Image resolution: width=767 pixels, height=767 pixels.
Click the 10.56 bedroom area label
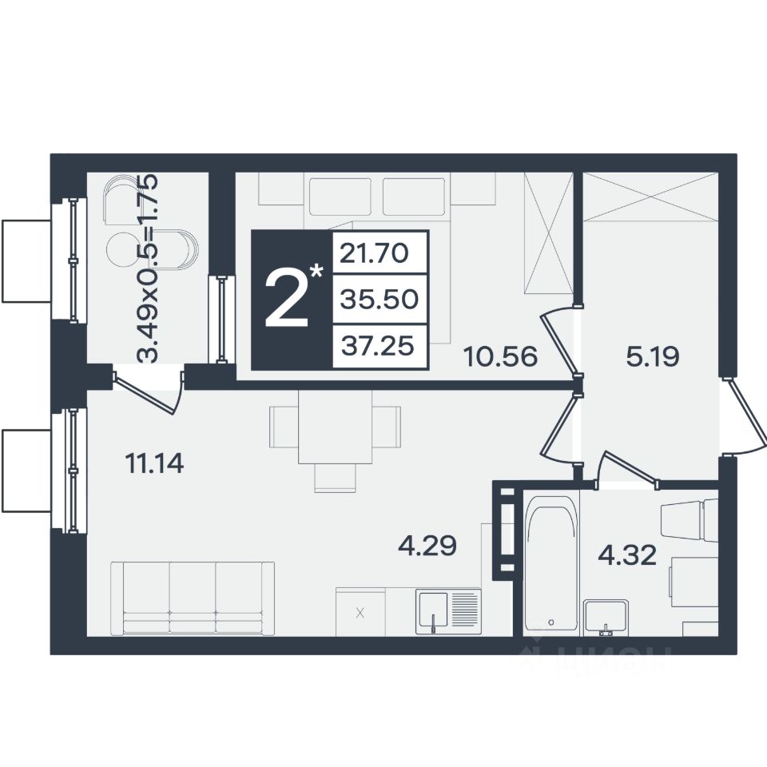[x=500, y=356]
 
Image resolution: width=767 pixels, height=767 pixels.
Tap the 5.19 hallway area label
[x=653, y=356]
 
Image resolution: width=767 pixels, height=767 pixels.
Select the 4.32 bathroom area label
[x=628, y=556]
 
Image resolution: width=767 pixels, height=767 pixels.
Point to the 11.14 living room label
[x=154, y=463]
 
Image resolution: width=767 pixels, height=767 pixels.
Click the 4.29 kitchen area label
[x=427, y=546]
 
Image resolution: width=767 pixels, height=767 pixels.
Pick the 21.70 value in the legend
[x=374, y=253]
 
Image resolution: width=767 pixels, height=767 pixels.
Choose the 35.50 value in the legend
[x=379, y=299]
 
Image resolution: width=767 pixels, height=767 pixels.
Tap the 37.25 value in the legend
[x=378, y=345]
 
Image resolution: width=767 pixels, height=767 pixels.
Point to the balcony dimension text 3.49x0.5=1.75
[x=148, y=268]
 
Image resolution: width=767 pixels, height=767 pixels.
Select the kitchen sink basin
[x=431, y=609]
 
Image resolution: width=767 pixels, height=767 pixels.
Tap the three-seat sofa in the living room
[x=193, y=598]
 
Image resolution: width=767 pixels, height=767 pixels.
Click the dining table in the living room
[x=335, y=427]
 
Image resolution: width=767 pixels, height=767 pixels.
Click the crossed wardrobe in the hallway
[x=651, y=197]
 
